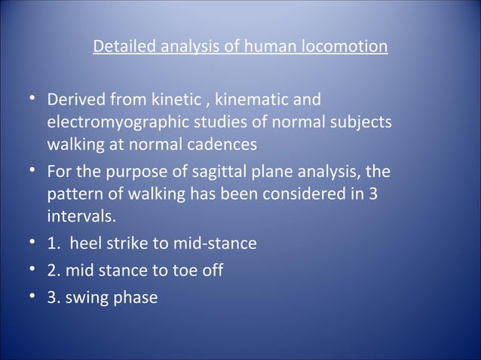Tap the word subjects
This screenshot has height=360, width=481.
[x=360, y=122]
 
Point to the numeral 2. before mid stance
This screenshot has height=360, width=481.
[x=53, y=270]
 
